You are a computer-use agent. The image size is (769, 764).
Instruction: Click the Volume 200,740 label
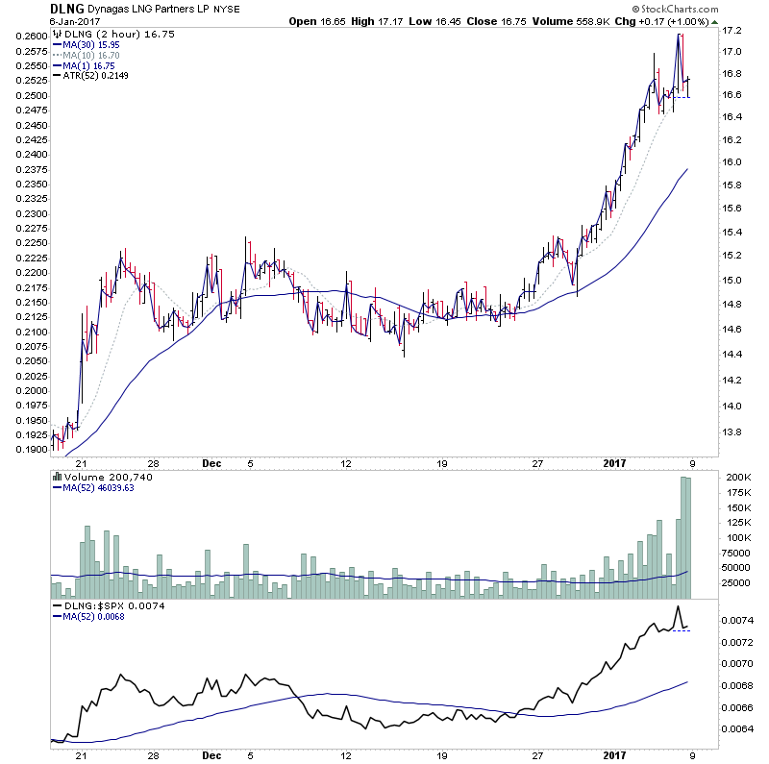[101, 478]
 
